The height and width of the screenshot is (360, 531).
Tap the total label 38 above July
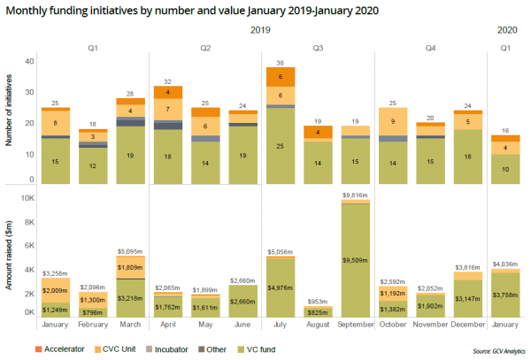[281, 63]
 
